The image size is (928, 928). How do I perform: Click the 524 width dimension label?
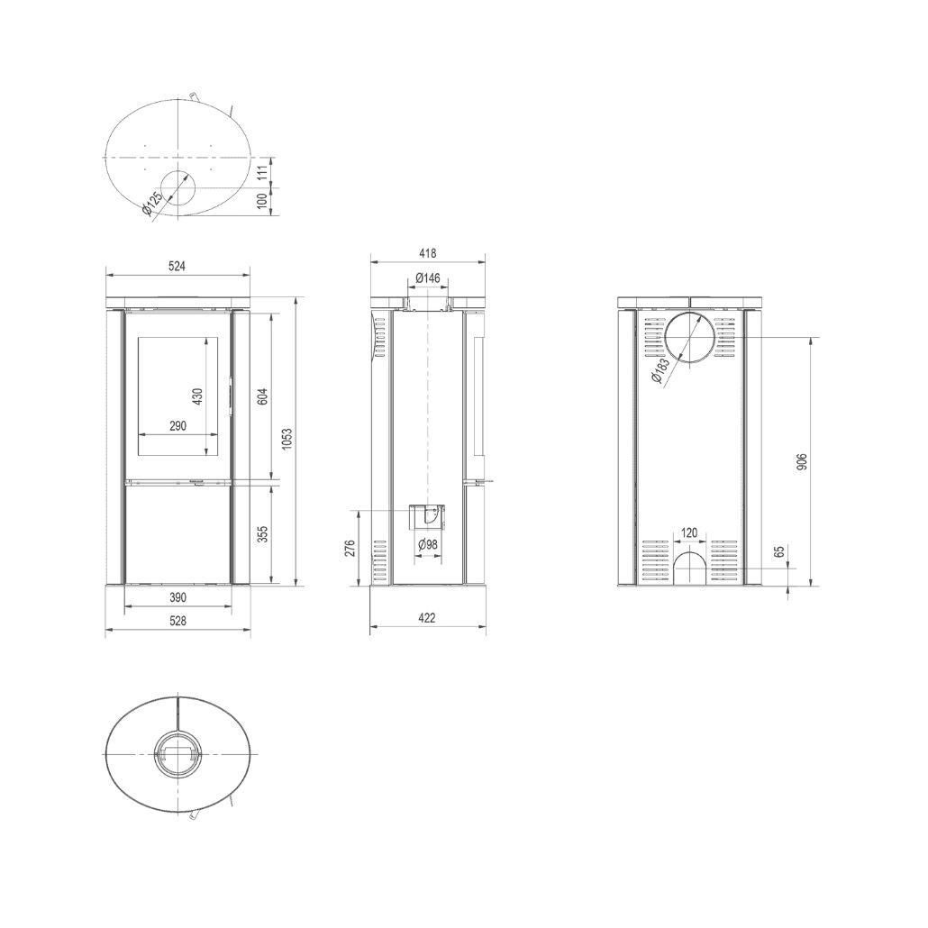click(177, 266)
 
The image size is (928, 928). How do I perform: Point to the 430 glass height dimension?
click(197, 396)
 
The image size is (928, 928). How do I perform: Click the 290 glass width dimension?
click(177, 426)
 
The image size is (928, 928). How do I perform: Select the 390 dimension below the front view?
click(177, 597)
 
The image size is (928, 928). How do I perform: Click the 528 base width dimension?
click(177, 620)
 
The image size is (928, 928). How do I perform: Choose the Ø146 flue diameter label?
click(428, 278)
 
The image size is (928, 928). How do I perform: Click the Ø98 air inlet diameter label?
click(428, 543)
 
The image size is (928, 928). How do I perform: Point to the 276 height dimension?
click(350, 549)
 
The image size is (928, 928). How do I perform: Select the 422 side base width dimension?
click(428, 618)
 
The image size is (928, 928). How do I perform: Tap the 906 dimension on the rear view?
click(804, 461)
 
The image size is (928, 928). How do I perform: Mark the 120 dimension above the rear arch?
click(689, 532)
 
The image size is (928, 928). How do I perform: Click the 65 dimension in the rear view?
click(780, 551)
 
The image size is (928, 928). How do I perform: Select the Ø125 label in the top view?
click(152, 205)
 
